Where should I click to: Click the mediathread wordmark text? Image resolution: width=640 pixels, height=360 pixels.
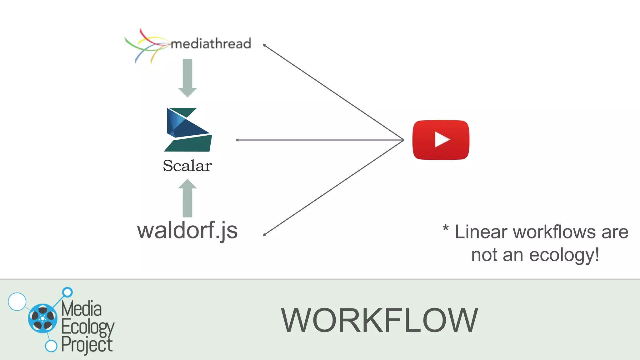[211, 44]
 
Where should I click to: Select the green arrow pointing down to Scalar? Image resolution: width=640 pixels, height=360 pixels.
[187, 78]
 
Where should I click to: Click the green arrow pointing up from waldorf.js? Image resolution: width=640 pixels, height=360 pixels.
[187, 198]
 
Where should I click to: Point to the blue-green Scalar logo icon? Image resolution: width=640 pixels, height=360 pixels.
[187, 130]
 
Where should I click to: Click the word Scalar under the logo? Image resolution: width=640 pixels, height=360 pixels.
[187, 166]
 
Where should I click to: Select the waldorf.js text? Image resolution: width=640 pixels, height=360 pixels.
[187, 231]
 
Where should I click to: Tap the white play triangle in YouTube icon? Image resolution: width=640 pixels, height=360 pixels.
[442, 140]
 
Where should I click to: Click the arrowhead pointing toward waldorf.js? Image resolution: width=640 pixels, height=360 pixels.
[264, 234]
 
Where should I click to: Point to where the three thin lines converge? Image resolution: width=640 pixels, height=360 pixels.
[403, 140]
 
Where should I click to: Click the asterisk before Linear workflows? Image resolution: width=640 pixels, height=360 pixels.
[446, 227]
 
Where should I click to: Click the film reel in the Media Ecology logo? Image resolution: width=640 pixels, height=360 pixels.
[43, 318]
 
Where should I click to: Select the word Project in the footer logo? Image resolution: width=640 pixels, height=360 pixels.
[87, 345]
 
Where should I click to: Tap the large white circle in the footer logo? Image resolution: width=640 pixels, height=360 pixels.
[17, 302]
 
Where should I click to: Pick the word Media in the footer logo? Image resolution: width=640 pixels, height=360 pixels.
[82, 308]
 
